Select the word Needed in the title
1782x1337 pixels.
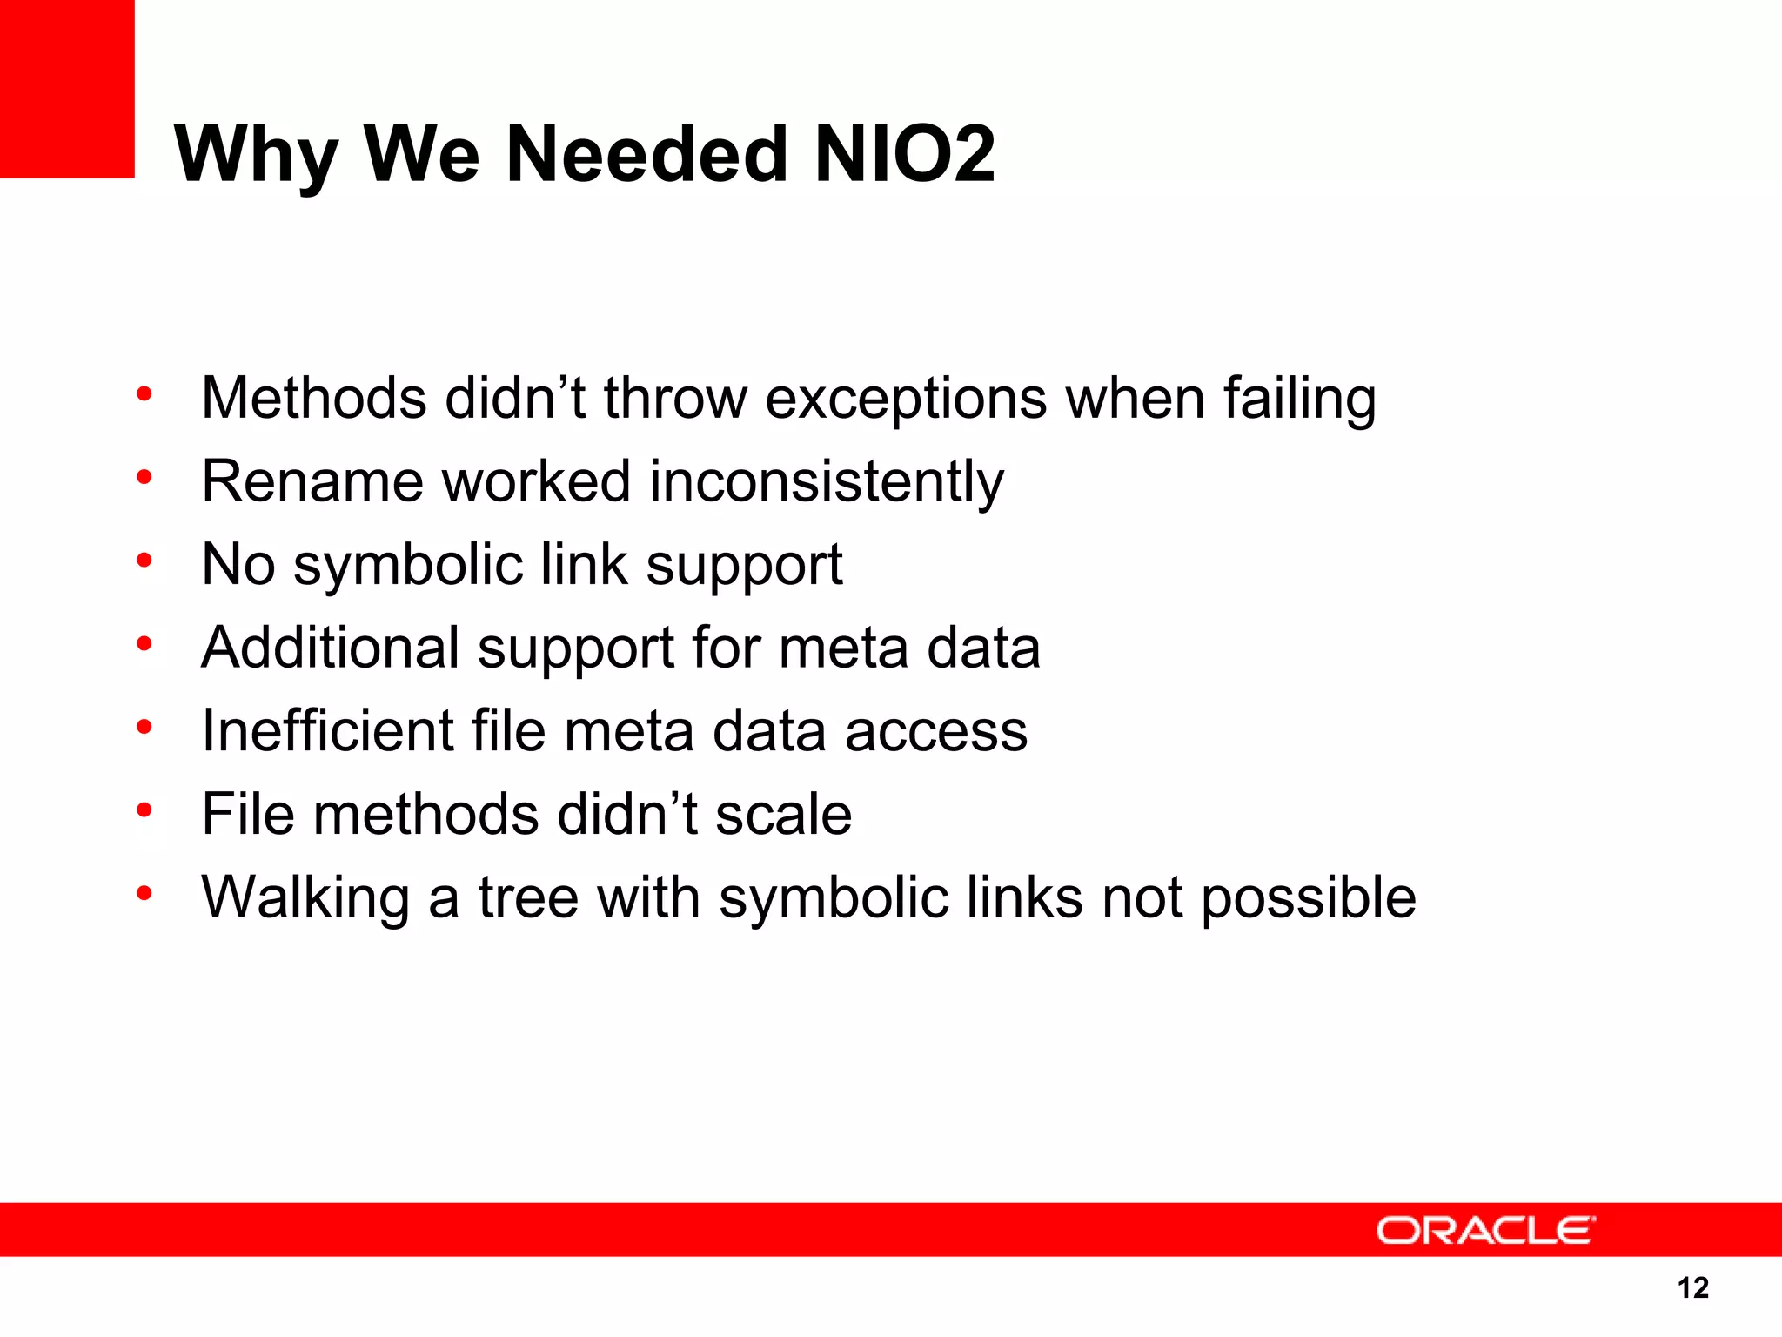pyautogui.click(x=646, y=154)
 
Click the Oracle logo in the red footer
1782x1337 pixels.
pyautogui.click(x=1485, y=1230)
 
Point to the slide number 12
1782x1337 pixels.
pyautogui.click(x=1692, y=1287)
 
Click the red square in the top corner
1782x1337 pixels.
pyautogui.click(x=67, y=88)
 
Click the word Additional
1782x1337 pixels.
pyautogui.click(x=330, y=648)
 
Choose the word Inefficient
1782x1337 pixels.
pyautogui.click(x=327, y=730)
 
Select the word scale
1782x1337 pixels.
pyautogui.click(x=783, y=815)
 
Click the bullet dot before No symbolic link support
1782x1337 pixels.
pyautogui.click(x=144, y=561)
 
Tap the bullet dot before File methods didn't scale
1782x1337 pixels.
pyautogui.click(x=144, y=810)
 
